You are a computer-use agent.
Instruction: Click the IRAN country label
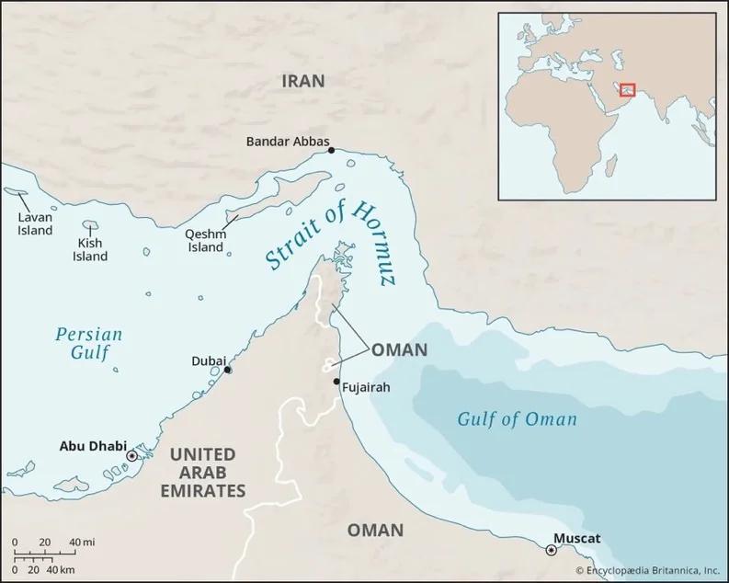(302, 81)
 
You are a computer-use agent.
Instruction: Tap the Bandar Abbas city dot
(331, 150)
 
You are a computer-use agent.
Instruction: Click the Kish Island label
(90, 249)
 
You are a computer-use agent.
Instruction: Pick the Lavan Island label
(36, 224)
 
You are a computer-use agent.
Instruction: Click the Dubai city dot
(228, 370)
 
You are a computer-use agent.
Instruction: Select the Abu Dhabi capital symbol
(131, 455)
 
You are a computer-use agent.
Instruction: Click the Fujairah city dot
(336, 381)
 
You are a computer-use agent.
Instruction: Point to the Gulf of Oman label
(518, 419)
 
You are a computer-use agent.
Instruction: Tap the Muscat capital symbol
(551, 550)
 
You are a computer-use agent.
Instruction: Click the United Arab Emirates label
(208, 472)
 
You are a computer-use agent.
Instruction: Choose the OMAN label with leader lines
(399, 349)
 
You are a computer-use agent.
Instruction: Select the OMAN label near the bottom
(375, 530)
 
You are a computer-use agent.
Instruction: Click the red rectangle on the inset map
(628, 89)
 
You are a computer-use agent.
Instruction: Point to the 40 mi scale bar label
(82, 541)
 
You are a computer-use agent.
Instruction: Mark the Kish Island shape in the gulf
(90, 224)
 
